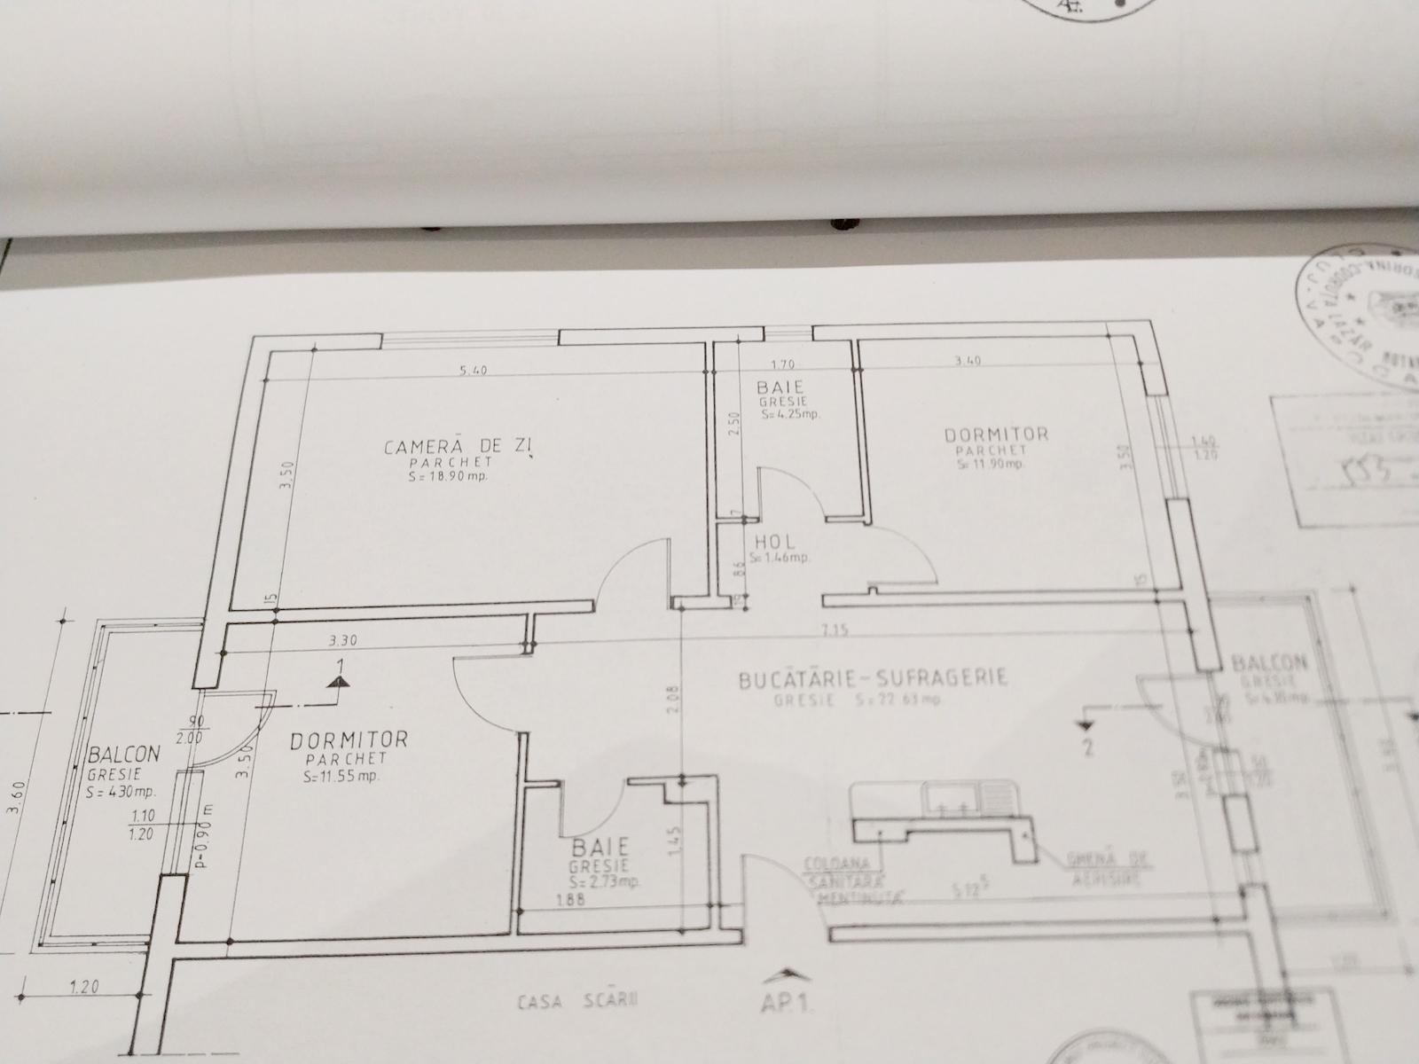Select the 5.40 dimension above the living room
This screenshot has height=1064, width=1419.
tap(474, 371)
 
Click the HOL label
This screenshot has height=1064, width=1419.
tap(775, 542)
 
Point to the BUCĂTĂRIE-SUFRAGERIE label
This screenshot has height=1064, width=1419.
tap(873, 680)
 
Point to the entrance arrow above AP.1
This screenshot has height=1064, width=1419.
tap(786, 975)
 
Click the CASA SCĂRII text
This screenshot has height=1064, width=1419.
tap(579, 1002)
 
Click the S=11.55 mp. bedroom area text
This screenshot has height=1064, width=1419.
tap(341, 777)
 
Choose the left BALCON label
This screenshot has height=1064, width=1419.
tap(124, 755)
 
